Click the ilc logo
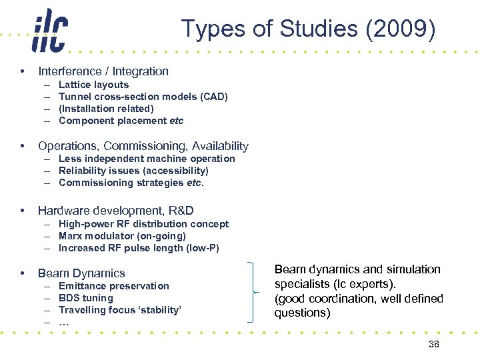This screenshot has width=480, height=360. [49, 31]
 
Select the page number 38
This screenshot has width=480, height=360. [434, 344]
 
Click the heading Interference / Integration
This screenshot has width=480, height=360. [103, 71]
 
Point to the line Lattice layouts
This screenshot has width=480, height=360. [93, 85]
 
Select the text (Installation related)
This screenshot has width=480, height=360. [106, 109]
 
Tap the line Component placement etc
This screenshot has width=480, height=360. [121, 121]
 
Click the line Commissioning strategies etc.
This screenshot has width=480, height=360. [131, 183]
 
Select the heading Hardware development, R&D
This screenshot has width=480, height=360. [116, 211]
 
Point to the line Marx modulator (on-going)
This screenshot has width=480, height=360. [122, 236]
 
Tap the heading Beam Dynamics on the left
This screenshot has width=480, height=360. [81, 273]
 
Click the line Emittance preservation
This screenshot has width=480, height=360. [114, 286]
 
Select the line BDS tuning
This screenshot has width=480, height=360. [86, 298]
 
